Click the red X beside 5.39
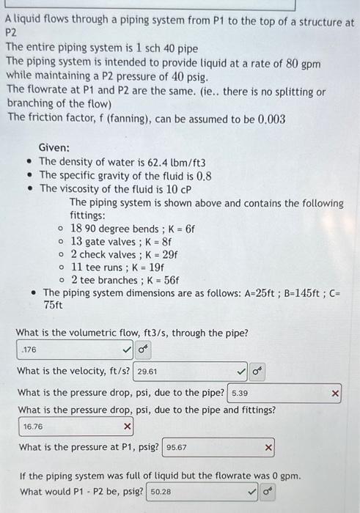[335, 394]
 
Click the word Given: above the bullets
[54, 147]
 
